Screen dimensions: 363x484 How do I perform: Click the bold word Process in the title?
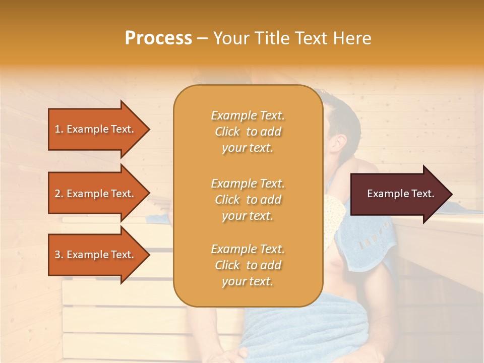tap(158, 38)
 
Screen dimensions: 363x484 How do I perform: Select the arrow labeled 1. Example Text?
tap(96, 129)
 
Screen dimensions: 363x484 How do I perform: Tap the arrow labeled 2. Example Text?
tap(96, 194)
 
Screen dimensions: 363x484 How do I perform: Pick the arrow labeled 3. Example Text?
tap(96, 255)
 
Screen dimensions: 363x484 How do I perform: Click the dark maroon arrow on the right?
tap(398, 194)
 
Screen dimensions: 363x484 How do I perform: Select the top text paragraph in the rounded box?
tap(248, 132)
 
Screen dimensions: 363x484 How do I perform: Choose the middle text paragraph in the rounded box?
tap(248, 200)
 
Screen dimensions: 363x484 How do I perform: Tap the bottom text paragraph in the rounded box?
tap(248, 265)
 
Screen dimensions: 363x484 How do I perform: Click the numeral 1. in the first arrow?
tap(59, 129)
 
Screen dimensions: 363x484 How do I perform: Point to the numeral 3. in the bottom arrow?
tap(59, 255)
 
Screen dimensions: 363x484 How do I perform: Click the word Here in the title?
tap(353, 38)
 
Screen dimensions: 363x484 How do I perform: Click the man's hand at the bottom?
tap(252, 353)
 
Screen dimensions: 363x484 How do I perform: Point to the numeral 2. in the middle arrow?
tap(59, 194)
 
